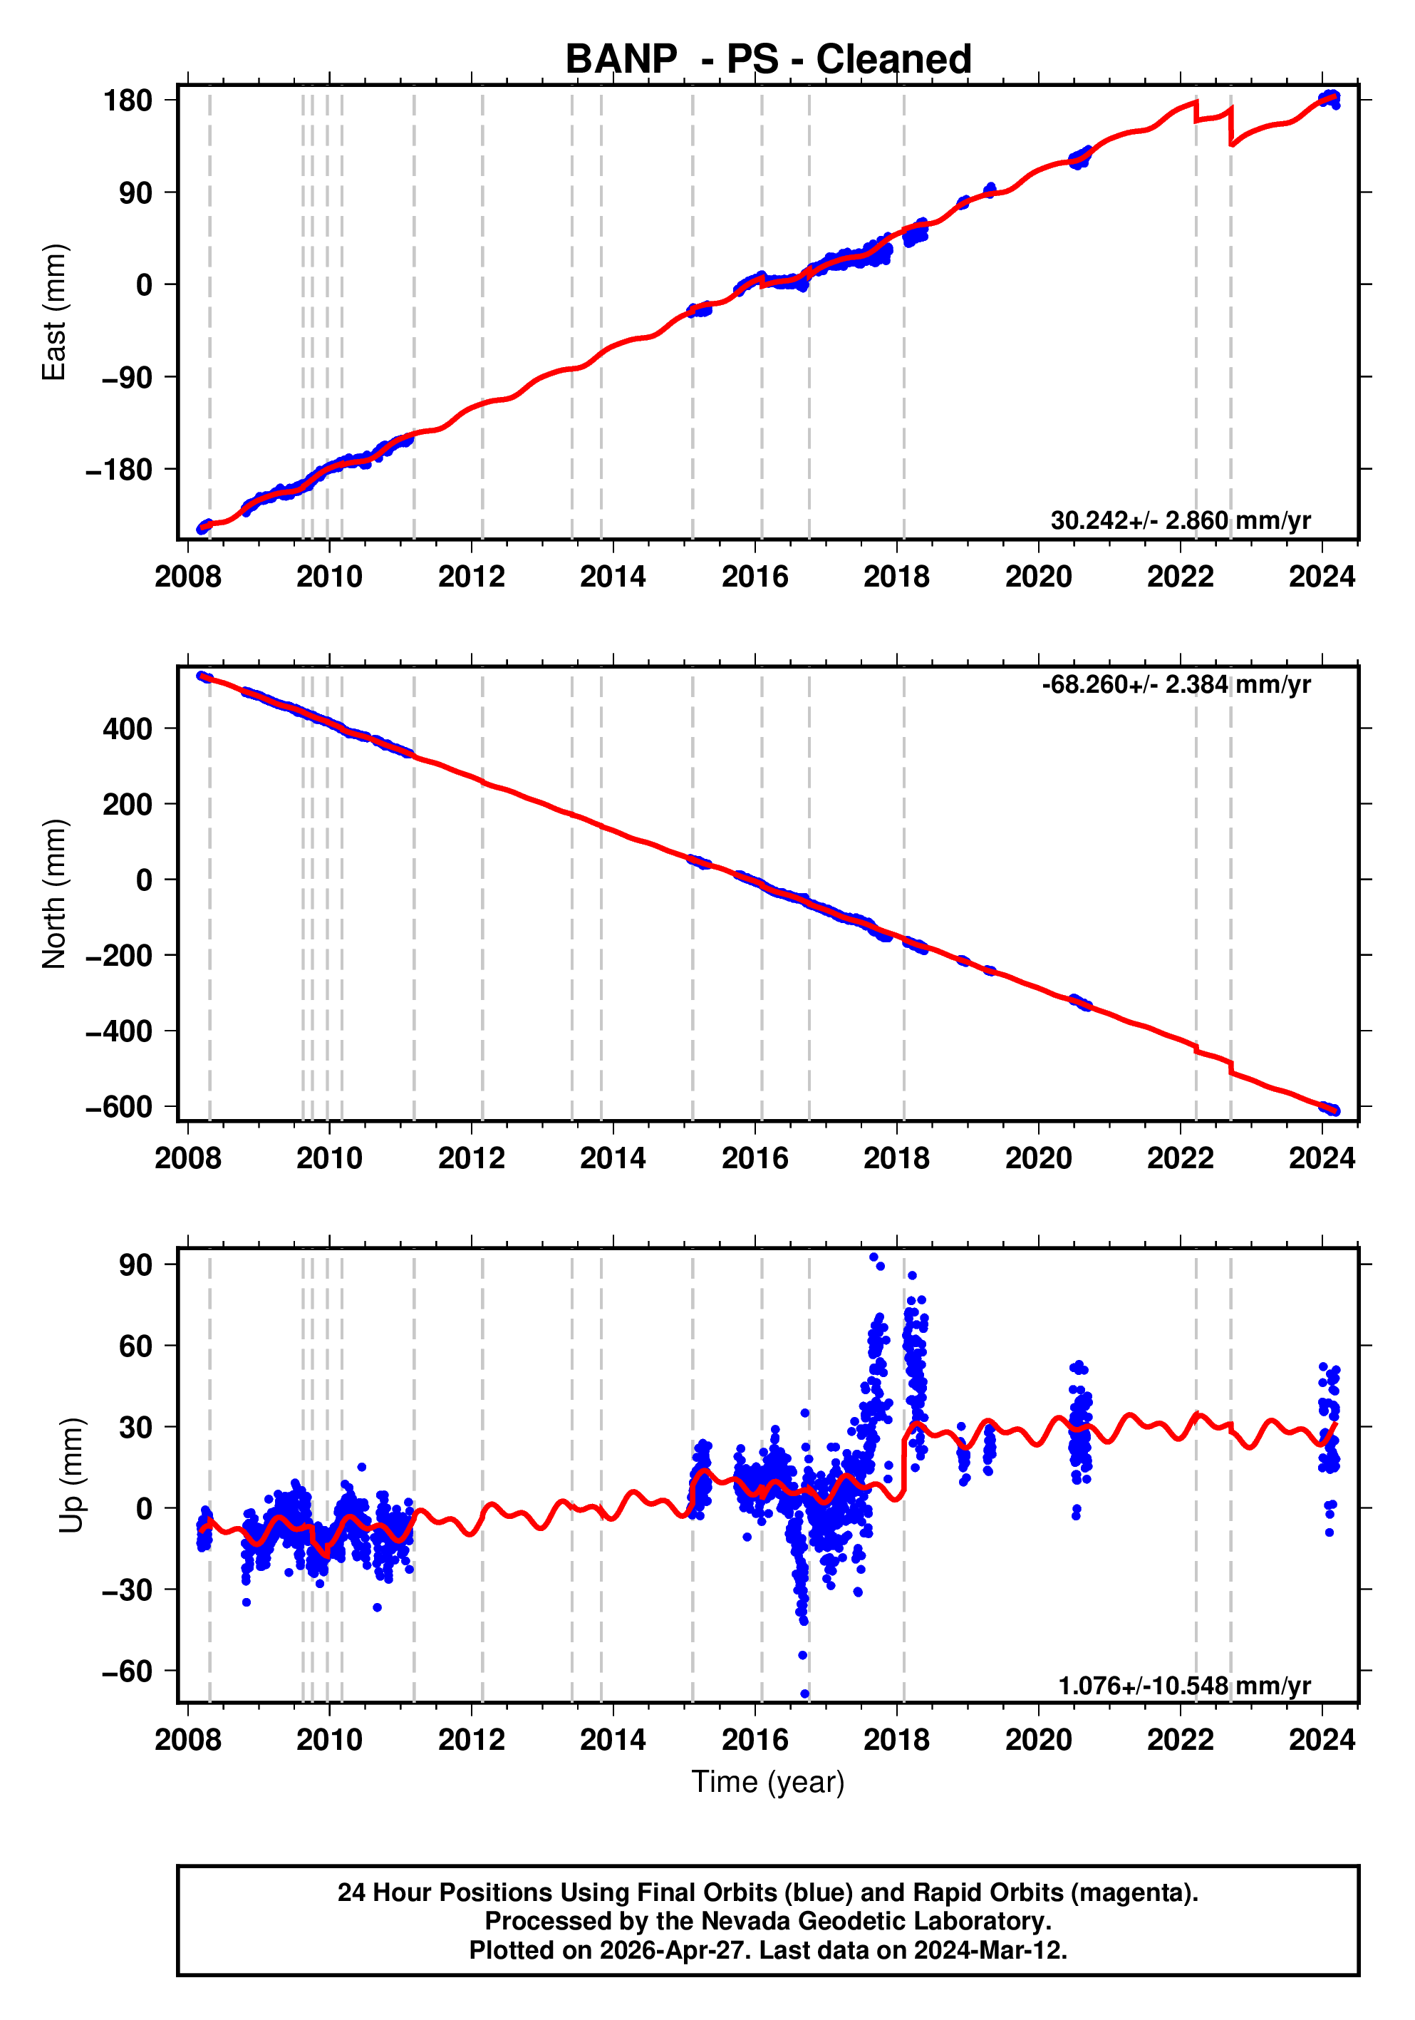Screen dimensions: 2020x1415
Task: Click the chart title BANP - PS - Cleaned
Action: (x=768, y=59)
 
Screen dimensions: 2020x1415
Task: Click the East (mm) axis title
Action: (x=55, y=312)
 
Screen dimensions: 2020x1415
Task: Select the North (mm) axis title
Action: (x=55, y=894)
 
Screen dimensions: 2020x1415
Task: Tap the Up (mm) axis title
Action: (x=72, y=1475)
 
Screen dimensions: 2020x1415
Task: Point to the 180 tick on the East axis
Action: (x=128, y=101)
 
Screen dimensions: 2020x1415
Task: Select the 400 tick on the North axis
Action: (x=128, y=728)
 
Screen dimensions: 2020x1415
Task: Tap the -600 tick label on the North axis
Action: (x=119, y=1106)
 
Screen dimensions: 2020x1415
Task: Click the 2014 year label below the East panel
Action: (x=613, y=577)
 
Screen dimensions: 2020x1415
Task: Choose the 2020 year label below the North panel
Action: (x=1039, y=1159)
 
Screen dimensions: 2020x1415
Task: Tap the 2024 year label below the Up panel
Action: (x=1322, y=1739)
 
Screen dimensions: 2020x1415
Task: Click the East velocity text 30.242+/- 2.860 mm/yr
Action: (x=1180, y=521)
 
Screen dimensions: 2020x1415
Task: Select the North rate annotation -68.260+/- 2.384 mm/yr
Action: (x=1176, y=684)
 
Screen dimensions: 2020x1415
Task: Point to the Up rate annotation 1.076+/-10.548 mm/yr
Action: (x=1183, y=1686)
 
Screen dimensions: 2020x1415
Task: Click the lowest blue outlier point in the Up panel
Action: (x=804, y=1694)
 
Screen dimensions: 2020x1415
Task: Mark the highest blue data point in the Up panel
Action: (x=874, y=1257)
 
